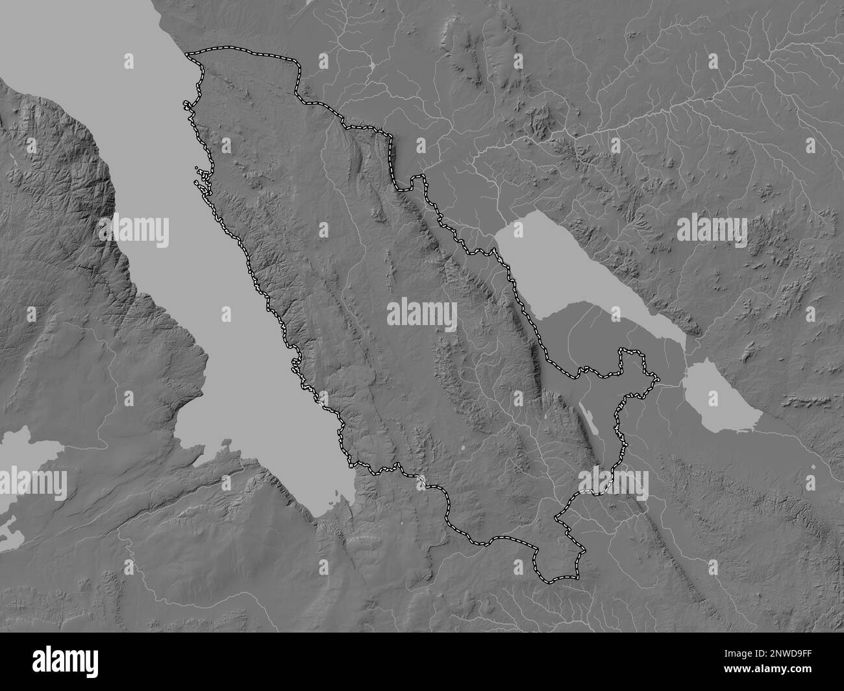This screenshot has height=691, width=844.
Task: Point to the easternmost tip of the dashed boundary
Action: pos(657,379)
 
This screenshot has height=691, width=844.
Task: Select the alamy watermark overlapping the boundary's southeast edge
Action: pos(613,483)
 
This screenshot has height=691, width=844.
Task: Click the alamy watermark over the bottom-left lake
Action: pos(34,483)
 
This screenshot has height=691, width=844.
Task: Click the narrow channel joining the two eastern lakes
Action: pos(685,354)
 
